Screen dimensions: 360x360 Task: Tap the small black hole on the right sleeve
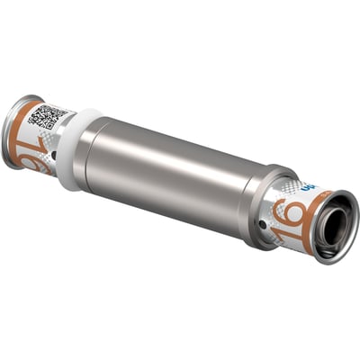[263, 218]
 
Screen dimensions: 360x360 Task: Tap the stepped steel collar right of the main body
[261, 193]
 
